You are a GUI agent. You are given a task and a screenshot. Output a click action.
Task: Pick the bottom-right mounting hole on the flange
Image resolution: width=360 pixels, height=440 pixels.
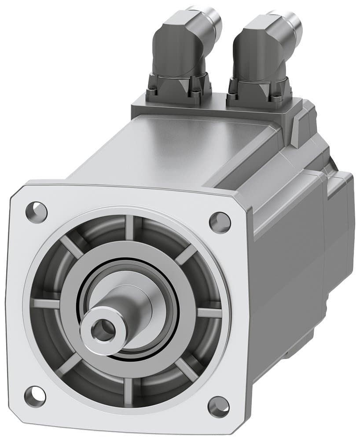click(x=218, y=407)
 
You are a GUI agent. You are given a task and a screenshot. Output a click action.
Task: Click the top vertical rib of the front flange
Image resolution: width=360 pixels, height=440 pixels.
click(x=130, y=228)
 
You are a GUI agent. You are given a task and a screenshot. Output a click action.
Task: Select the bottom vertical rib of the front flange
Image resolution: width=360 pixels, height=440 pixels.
click(x=128, y=389)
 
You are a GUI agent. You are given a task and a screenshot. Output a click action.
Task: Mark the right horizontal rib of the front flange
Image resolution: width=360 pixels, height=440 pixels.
click(x=209, y=313)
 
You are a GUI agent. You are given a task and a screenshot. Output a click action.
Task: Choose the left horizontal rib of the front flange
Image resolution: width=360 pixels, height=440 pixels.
click(x=47, y=304)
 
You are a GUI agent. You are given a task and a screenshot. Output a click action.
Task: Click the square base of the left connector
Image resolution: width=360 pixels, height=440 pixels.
click(x=178, y=92)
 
